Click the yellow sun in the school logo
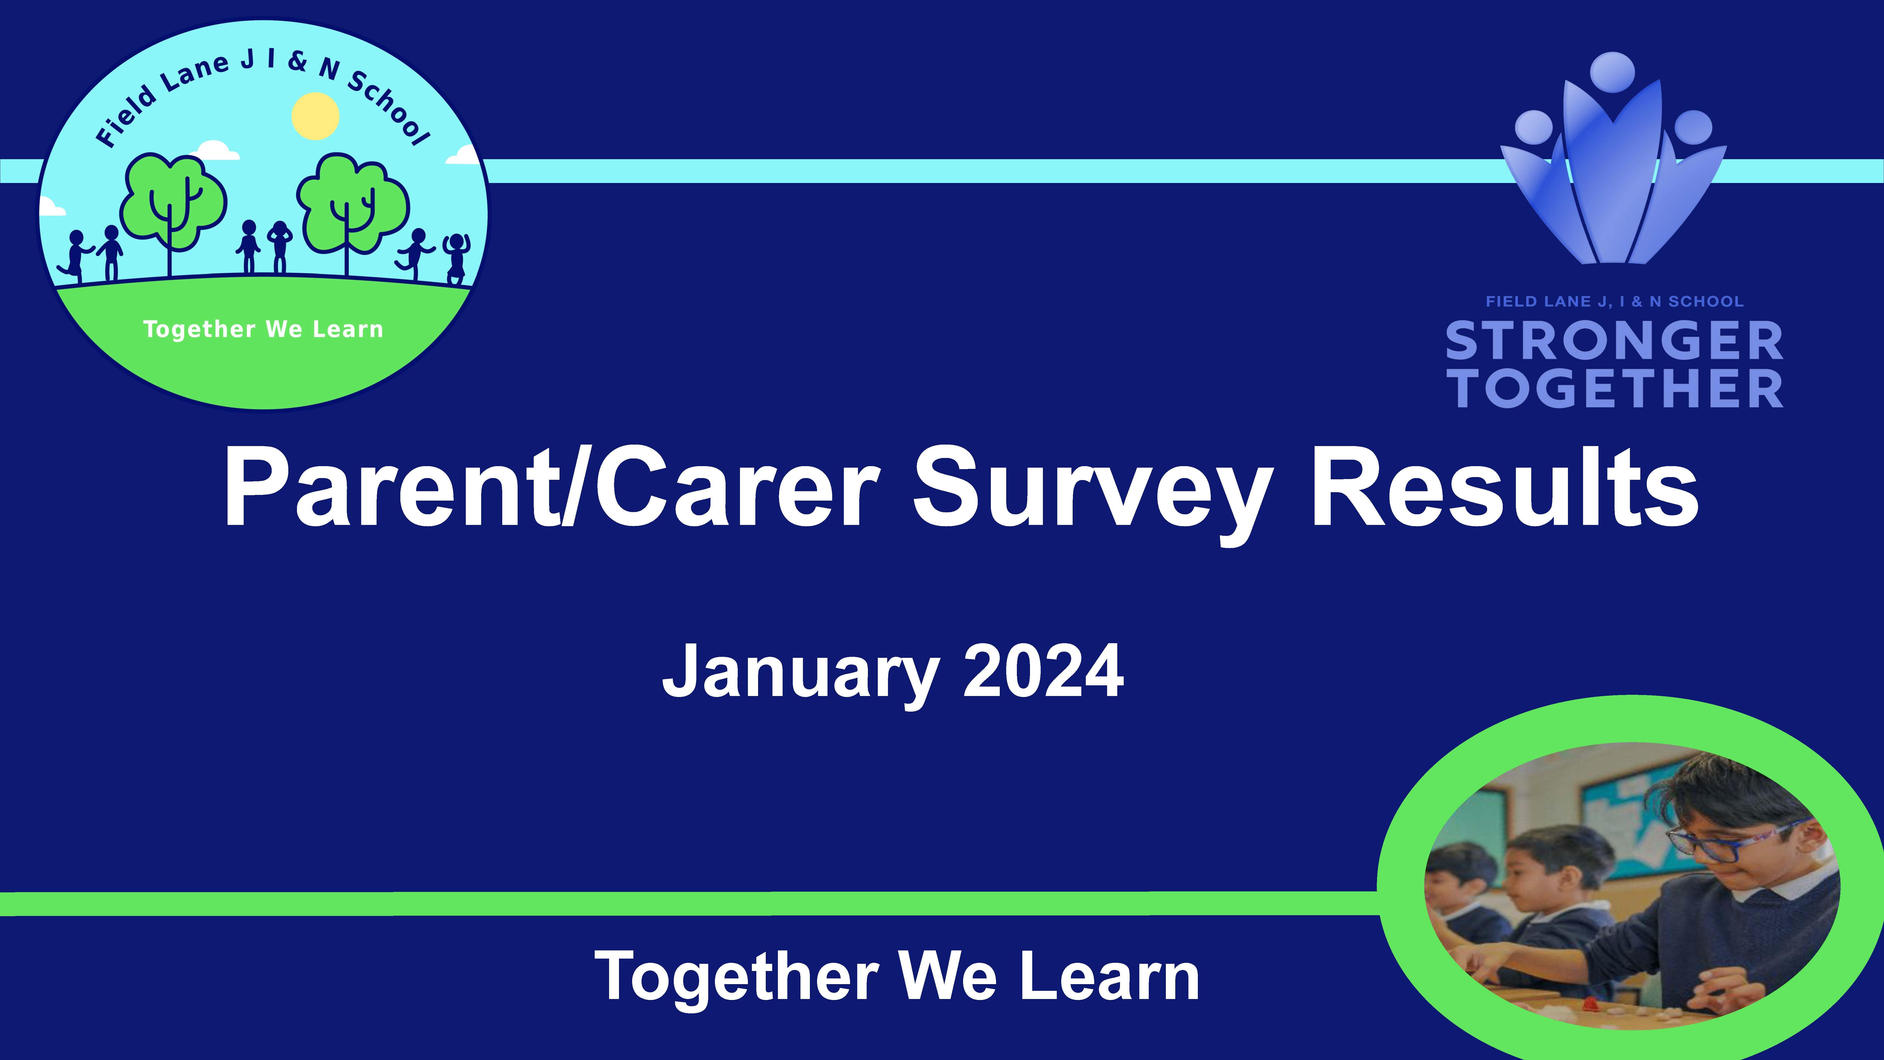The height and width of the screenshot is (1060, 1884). coord(315,116)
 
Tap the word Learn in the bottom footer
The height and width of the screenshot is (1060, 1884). coord(1110,976)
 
